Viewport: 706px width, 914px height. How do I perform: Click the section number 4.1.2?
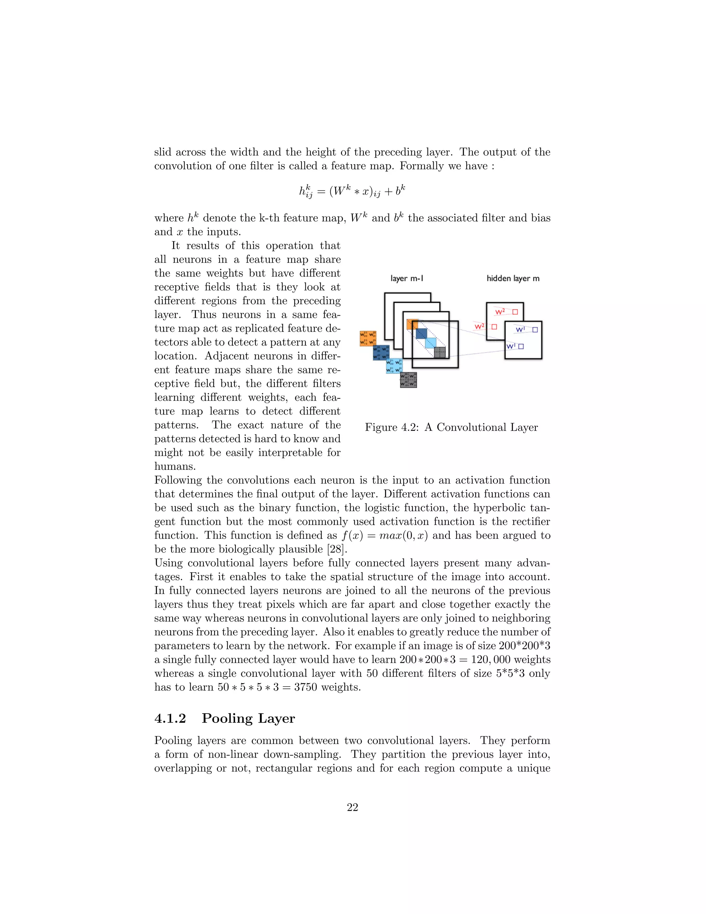(x=170, y=718)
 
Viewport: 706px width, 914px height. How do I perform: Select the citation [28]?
(x=337, y=549)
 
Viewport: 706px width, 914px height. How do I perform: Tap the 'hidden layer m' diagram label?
(x=513, y=279)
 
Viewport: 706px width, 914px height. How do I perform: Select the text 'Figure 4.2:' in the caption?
(x=392, y=427)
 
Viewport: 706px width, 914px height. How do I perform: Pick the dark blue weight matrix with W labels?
(x=381, y=352)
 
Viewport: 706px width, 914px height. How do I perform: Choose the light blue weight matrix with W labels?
(x=394, y=366)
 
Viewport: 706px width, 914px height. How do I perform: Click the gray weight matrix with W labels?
(x=408, y=380)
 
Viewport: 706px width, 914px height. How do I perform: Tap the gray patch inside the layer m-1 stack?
(x=440, y=352)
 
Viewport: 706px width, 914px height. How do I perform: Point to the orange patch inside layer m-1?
(x=412, y=324)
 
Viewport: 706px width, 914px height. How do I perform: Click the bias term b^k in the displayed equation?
(x=400, y=191)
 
